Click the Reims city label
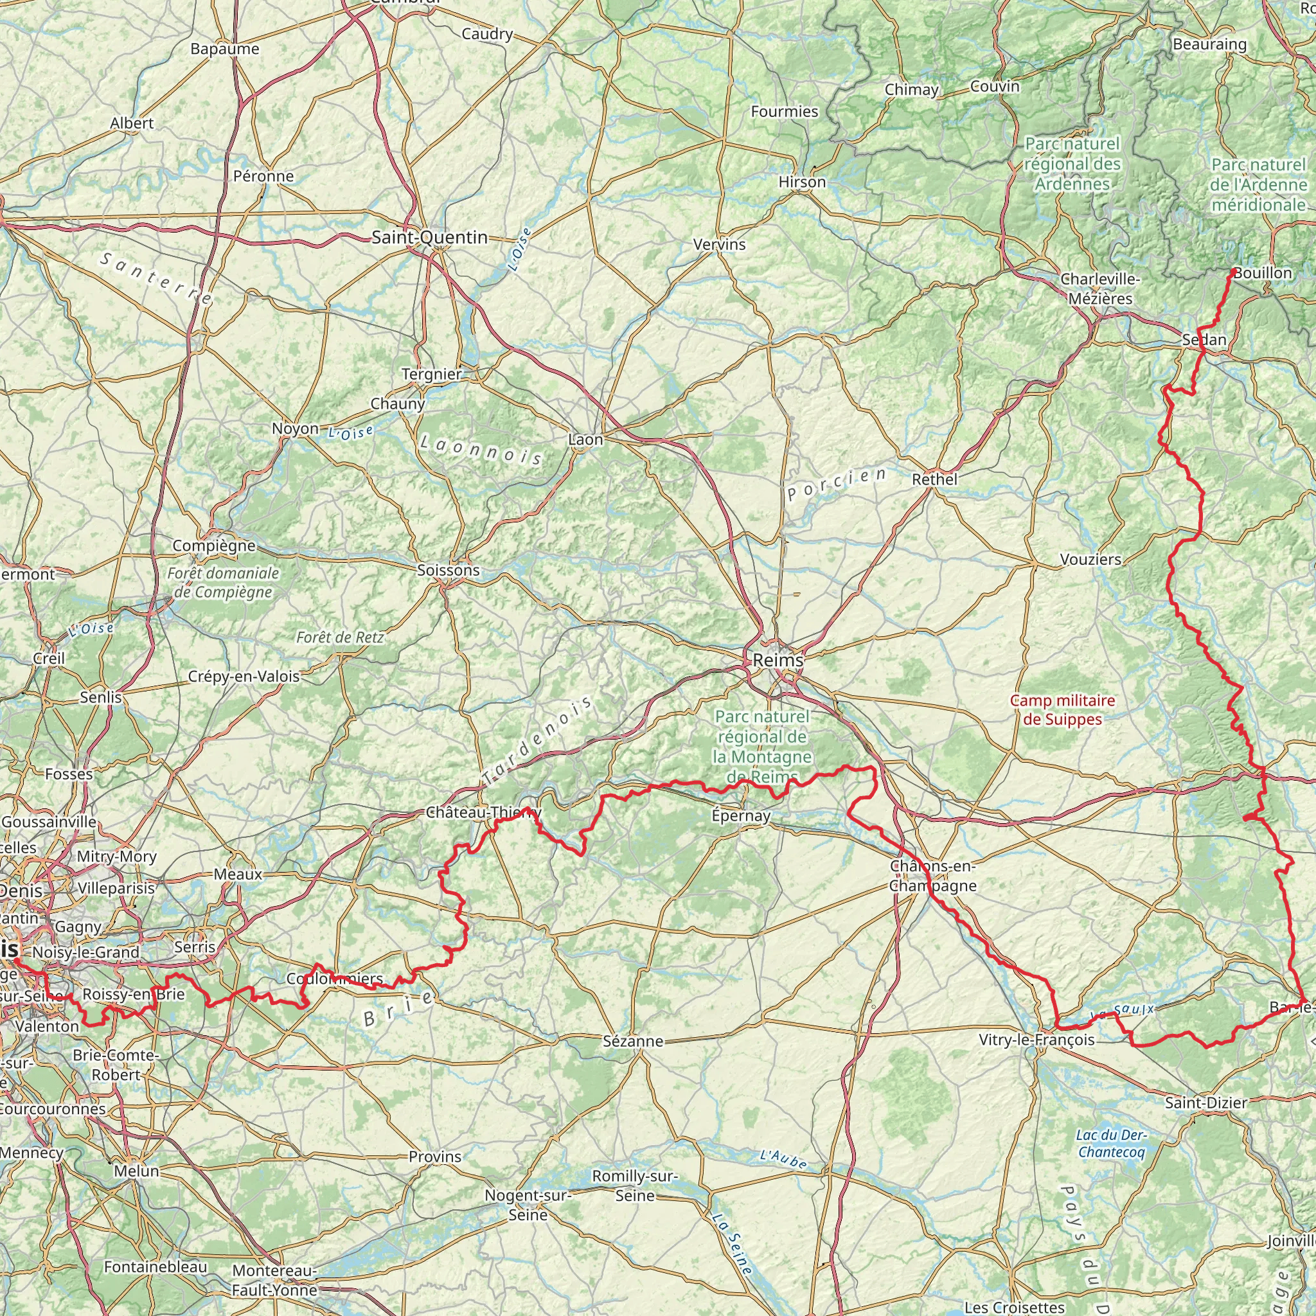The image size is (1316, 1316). click(x=778, y=659)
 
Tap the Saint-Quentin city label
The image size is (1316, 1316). click(x=429, y=237)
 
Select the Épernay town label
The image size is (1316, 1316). click(x=740, y=815)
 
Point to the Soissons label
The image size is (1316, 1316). click(x=449, y=569)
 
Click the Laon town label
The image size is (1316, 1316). click(x=586, y=440)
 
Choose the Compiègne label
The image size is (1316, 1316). click(x=214, y=546)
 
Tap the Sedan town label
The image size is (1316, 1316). click(x=1204, y=339)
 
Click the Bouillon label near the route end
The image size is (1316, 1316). click(x=1262, y=273)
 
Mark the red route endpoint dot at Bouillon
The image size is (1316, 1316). click(x=1234, y=272)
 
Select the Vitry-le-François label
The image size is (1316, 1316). click(x=1036, y=1040)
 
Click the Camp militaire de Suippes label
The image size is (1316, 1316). click(x=1063, y=710)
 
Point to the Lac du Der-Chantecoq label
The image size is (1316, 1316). click(x=1112, y=1143)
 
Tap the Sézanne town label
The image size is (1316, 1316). click(x=633, y=1041)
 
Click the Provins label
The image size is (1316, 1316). click(x=434, y=1156)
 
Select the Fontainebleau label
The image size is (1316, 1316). click(x=156, y=1267)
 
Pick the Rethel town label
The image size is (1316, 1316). click(x=934, y=479)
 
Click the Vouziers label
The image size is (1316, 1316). click(x=1090, y=559)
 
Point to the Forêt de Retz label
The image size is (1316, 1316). click(x=340, y=637)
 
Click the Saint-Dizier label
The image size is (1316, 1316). click(x=1205, y=1103)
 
